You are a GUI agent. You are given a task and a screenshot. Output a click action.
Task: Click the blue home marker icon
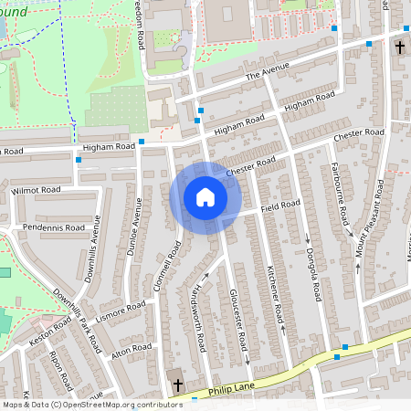pyautogui.click(x=205, y=197)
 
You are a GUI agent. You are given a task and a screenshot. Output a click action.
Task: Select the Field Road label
pyautogui.click(x=279, y=207)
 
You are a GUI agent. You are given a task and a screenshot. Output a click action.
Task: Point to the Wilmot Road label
pyautogui.click(x=37, y=190)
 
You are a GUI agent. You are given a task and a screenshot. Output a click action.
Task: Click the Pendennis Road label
pyautogui.click(x=54, y=227)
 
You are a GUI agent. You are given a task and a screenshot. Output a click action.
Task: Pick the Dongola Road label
pyautogui.click(x=312, y=275)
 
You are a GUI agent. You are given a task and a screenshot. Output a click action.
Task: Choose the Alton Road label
pyautogui.click(x=130, y=350)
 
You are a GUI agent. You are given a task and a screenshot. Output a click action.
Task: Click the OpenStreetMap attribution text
pyautogui.click(x=91, y=404)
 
